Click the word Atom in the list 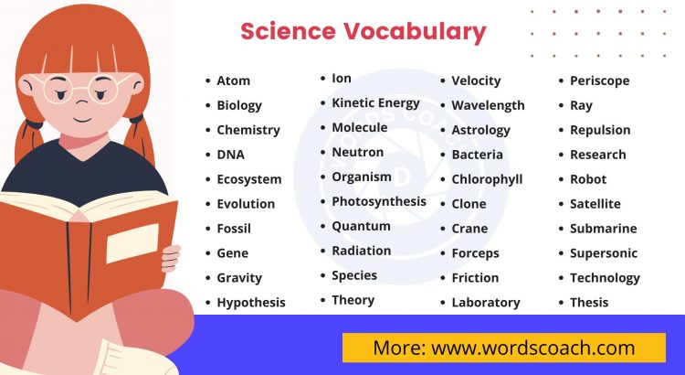click(x=233, y=80)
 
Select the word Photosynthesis click(x=378, y=201)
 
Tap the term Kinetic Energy click(x=375, y=102)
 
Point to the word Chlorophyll click(x=487, y=179)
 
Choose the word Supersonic click(x=604, y=253)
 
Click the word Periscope click(x=599, y=80)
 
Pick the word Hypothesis click(x=251, y=303)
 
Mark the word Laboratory click(x=485, y=303)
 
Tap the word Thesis click(x=589, y=303)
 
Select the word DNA click(x=230, y=155)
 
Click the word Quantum click(x=361, y=226)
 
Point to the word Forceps click(x=475, y=253)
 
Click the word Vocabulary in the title click(x=415, y=31)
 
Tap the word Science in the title click(x=288, y=31)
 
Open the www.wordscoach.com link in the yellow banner click(x=532, y=348)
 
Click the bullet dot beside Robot click(x=561, y=180)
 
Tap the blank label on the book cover click(x=132, y=243)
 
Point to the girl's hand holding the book click(x=170, y=258)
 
